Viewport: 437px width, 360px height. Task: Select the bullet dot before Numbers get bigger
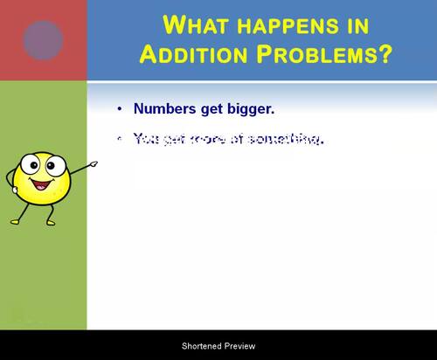120,109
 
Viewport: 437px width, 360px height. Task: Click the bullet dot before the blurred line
120,138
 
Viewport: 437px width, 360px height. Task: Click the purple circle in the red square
43,40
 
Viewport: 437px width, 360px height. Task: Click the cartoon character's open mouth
39,186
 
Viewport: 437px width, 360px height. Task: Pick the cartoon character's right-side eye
51,164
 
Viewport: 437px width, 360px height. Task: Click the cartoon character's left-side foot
20,219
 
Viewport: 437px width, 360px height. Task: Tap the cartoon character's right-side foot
52,222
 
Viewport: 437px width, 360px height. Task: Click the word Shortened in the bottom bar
202,346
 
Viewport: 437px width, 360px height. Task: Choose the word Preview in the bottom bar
240,346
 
